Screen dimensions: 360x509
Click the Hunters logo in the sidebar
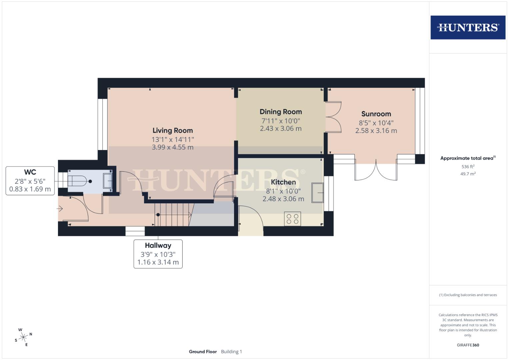coord(468,27)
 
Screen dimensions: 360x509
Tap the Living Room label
coord(173,130)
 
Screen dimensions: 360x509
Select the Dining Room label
coord(281,112)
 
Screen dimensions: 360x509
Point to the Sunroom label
coord(376,114)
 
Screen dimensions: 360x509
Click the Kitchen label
coord(283,182)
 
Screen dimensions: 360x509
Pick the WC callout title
coord(30,172)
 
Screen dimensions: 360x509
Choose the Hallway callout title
coord(158,245)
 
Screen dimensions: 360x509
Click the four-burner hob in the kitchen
coord(292,219)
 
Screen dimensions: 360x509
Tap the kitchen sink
coord(318,193)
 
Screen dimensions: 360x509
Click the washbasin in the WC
coord(108,181)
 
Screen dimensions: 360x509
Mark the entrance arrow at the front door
coord(60,209)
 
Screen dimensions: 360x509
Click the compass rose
coord(23,337)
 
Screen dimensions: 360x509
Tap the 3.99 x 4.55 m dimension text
coord(173,147)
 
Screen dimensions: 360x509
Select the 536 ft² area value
coord(468,167)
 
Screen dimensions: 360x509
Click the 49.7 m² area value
coord(468,174)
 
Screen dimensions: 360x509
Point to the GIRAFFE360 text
coord(468,345)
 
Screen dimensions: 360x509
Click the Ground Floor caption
coord(203,352)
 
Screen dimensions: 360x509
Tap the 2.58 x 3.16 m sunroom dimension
coord(376,131)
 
